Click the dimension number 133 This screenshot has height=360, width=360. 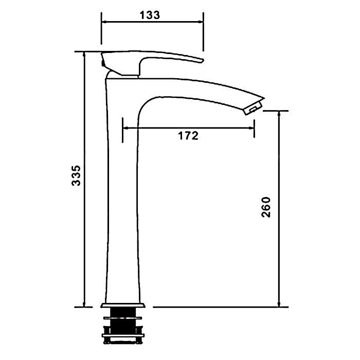click(x=150, y=15)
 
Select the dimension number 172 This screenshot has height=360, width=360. click(x=188, y=136)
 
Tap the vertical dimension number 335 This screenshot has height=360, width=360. click(x=76, y=175)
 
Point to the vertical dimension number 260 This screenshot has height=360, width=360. click(x=266, y=207)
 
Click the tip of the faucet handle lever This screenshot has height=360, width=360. click(x=203, y=61)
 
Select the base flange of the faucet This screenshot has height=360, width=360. click(x=123, y=305)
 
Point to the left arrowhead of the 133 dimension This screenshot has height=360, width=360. click(x=104, y=22)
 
